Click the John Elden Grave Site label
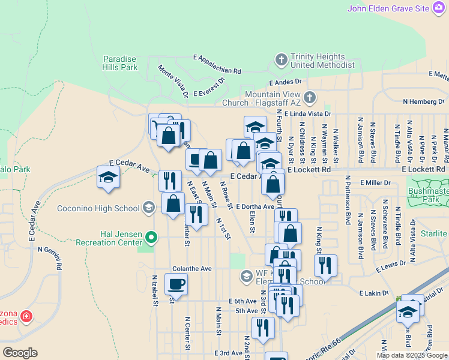pyautogui.click(x=388, y=8)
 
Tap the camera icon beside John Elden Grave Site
pyautogui.click(x=440, y=8)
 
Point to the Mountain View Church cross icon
pyautogui.click(x=309, y=97)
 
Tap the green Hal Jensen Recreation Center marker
pyautogui.click(x=152, y=238)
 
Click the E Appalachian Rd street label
pyautogui.click(x=217, y=64)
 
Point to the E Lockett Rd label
pyautogui.click(x=309, y=170)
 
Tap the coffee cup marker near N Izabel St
pyautogui.click(x=176, y=284)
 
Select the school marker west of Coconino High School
pyautogui.click(x=108, y=177)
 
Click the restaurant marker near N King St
pyautogui.click(x=325, y=265)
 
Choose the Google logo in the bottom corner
pyautogui.click(x=20, y=353)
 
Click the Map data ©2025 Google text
pyautogui.click(x=412, y=355)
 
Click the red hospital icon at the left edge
pyautogui.click(x=26, y=316)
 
